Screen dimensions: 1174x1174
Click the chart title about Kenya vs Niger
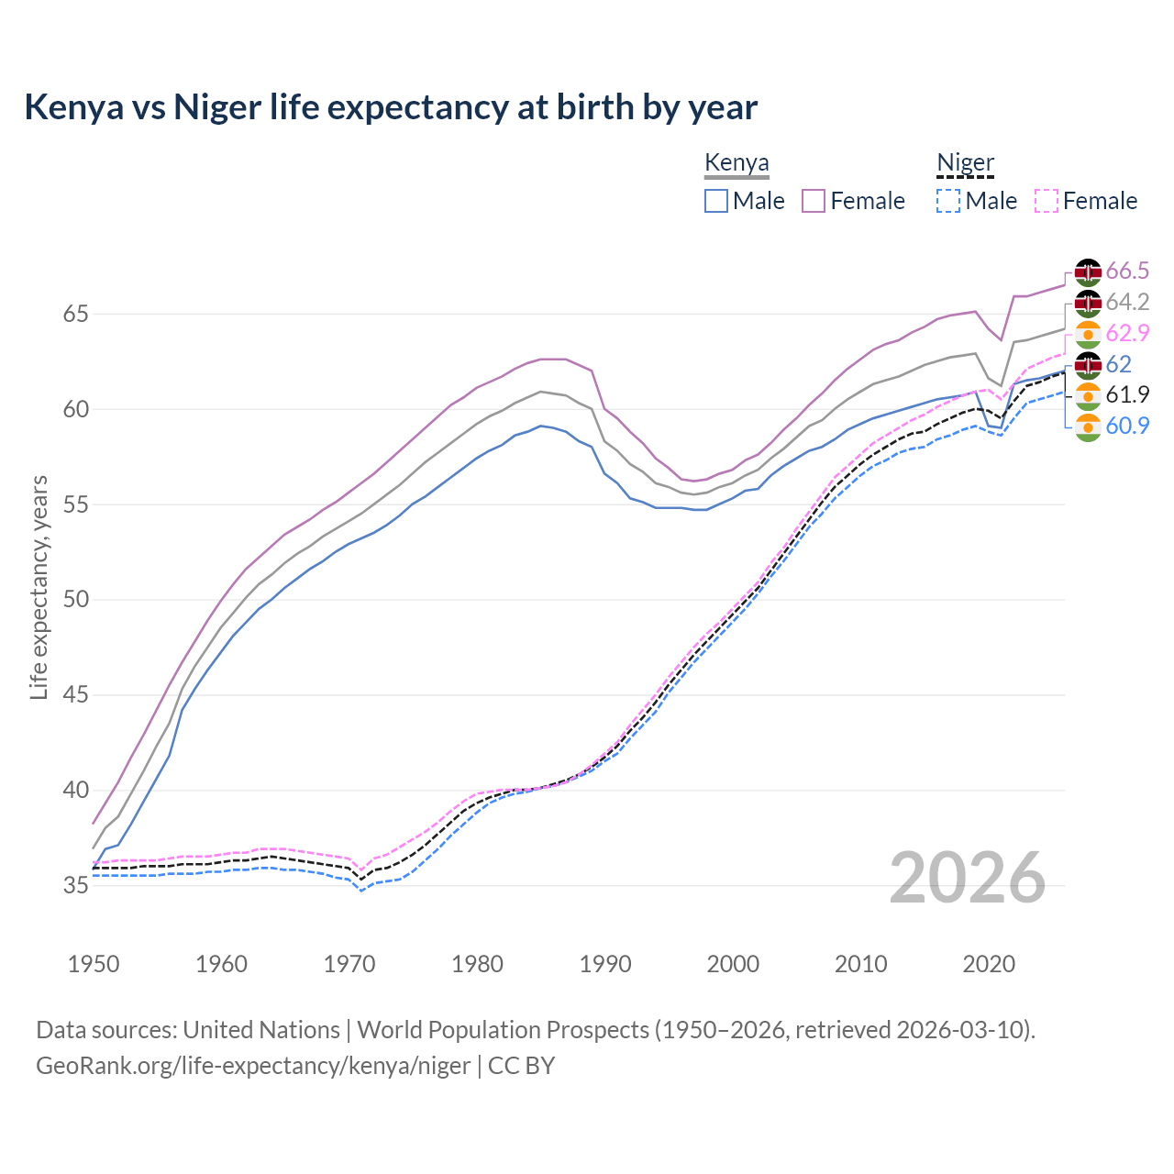[x=391, y=107]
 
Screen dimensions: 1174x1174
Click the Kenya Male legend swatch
[x=716, y=201]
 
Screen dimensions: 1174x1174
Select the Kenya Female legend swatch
[x=814, y=201]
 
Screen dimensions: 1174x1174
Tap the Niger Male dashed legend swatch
[x=948, y=201]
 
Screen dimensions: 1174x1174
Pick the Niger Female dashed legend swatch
[x=1046, y=201]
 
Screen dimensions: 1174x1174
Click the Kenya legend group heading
[x=737, y=163]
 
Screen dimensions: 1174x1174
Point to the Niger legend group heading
[x=965, y=163]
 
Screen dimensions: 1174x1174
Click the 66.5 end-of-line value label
[x=1127, y=271]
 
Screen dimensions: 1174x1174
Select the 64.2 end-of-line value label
[x=1127, y=302]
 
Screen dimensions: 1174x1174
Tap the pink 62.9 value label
[x=1127, y=333]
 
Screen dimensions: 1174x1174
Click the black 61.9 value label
[x=1127, y=394]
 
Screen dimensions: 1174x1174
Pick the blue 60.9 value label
[x=1127, y=426]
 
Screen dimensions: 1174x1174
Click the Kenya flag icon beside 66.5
[x=1088, y=271]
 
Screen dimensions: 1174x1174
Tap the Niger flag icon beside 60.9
[x=1088, y=426]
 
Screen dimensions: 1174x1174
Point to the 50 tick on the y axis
[x=76, y=600]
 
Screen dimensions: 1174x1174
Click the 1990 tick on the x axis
[x=605, y=964]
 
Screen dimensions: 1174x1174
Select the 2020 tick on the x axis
[x=989, y=964]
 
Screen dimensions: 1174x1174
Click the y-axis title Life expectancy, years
[x=39, y=587]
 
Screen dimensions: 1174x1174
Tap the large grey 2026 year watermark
[x=967, y=878]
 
